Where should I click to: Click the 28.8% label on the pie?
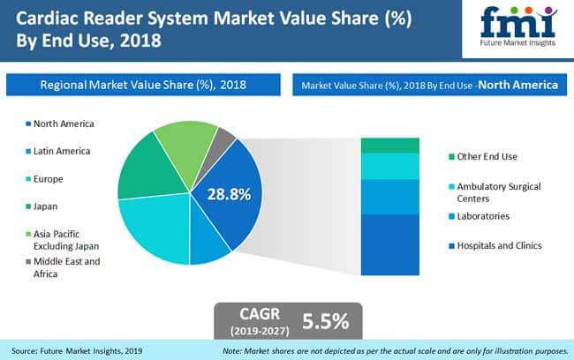[230, 194]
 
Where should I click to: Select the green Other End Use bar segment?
[389, 146]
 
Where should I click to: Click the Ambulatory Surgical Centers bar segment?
[389, 167]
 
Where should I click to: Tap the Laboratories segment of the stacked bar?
[389, 197]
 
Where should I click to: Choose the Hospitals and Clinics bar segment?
[389, 244]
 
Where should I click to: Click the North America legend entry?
[60, 124]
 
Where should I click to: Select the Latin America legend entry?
[57, 151]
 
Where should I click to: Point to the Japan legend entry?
[42, 206]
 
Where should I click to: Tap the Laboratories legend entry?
[480, 216]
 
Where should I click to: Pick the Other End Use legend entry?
[483, 156]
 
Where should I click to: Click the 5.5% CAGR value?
[326, 321]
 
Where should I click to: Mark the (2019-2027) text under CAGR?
[260, 331]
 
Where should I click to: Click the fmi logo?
[518, 26]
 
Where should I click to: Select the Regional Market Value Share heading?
[143, 85]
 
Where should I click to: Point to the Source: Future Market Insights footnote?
[77, 351]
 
